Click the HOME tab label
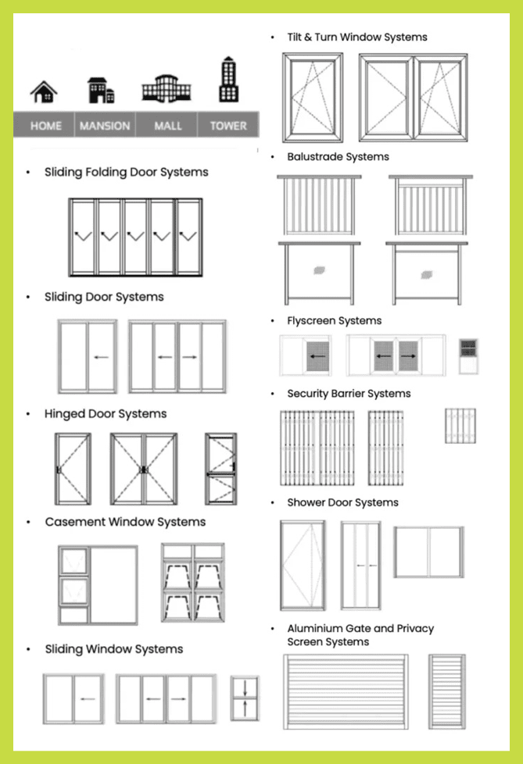[46, 126]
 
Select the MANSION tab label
[105, 126]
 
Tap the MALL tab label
[168, 126]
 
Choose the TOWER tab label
[228, 126]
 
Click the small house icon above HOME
[44, 92]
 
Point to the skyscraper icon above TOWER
[228, 80]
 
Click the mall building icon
[167, 89]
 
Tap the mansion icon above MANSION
[101, 90]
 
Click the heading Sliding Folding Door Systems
[126, 172]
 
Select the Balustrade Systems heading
[339, 157]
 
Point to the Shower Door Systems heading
[342, 502]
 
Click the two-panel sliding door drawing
[88, 356]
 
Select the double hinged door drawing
[144, 469]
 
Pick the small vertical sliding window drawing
[245, 698]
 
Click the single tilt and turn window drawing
[313, 98]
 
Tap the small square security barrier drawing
[460, 426]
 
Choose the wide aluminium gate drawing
[346, 692]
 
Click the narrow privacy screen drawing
[447, 692]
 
